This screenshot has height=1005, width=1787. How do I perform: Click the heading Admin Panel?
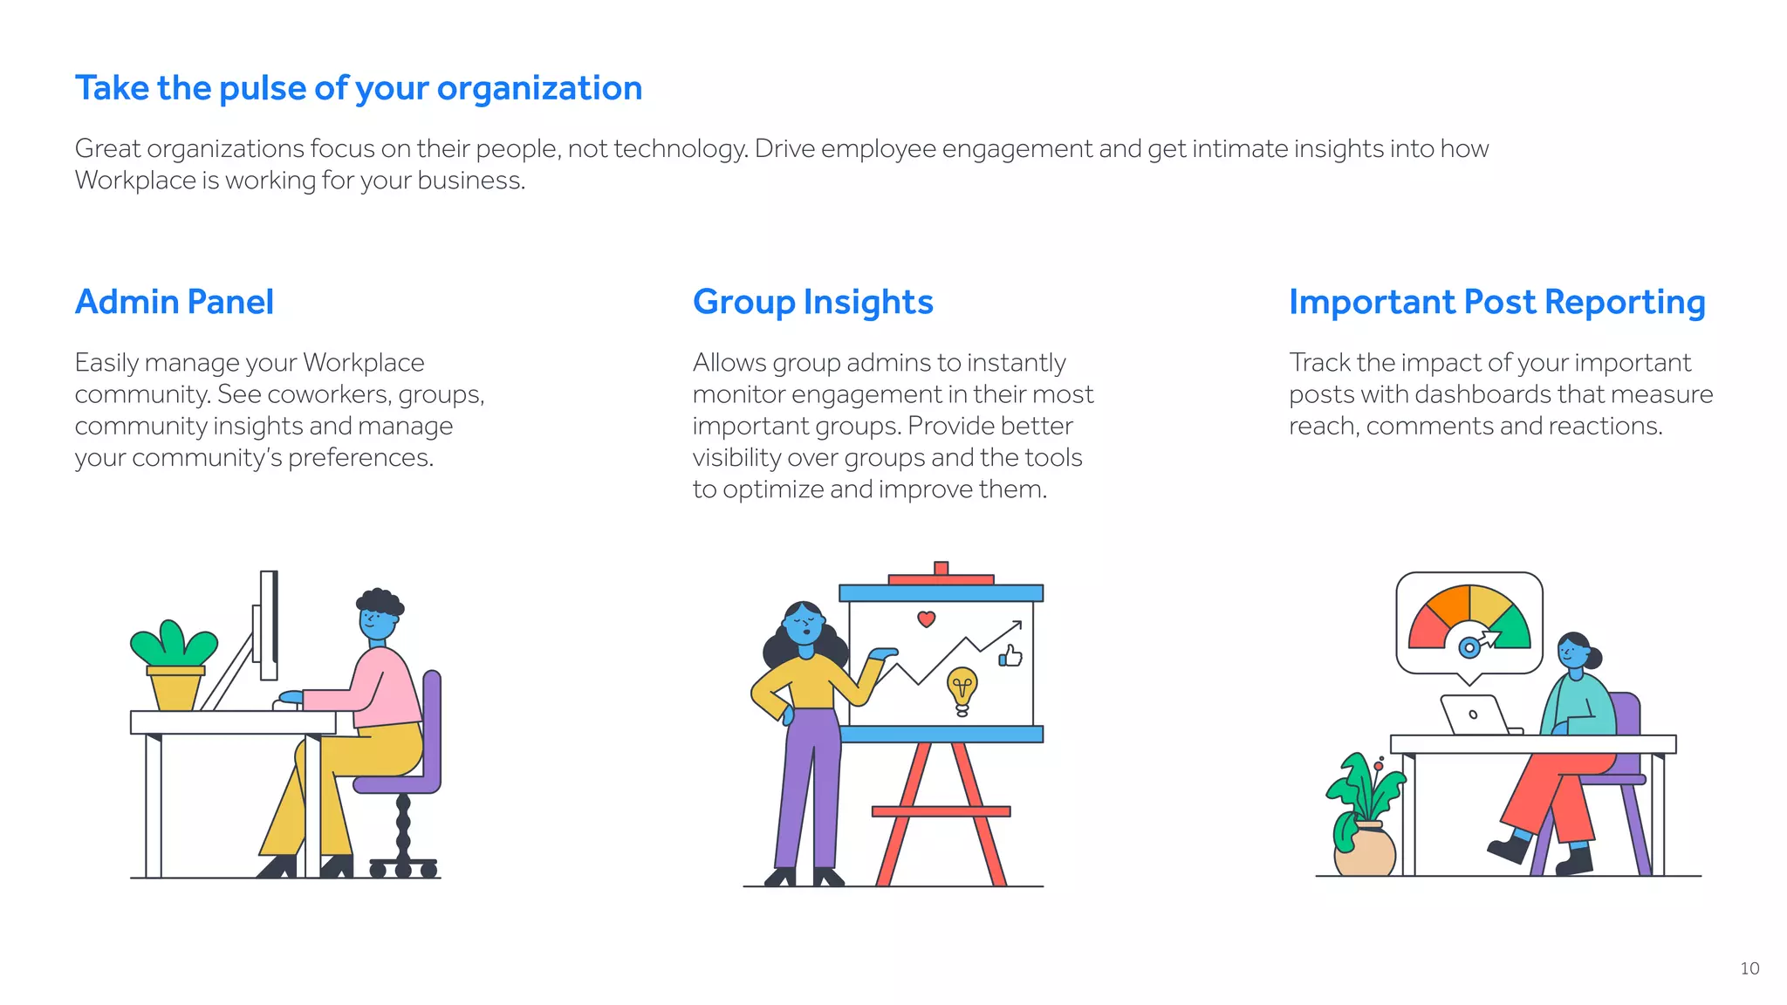[x=175, y=302]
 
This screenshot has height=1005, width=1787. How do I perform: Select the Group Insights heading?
[x=812, y=302]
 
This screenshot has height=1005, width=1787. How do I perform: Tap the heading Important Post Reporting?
[x=1496, y=302]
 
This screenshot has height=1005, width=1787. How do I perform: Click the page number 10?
[x=1749, y=968]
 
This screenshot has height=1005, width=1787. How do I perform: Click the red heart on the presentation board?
[x=927, y=619]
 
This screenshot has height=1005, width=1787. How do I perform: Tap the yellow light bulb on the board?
[x=962, y=687]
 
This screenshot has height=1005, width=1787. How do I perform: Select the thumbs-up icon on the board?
[x=1010, y=656]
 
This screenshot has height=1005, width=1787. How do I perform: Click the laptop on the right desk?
[x=1475, y=715]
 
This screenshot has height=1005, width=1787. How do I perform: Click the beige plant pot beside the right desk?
[x=1366, y=851]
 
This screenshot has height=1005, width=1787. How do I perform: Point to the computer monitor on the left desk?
[x=268, y=625]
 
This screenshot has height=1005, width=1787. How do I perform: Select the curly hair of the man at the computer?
[x=380, y=600]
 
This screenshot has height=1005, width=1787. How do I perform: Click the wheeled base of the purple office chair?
[x=402, y=867]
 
